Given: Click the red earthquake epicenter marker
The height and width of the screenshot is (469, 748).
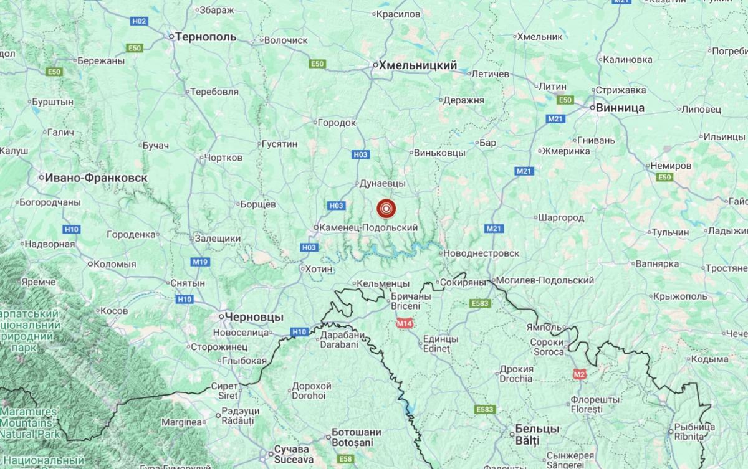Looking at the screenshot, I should click(x=386, y=208).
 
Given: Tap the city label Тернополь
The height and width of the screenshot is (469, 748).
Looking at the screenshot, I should click(x=206, y=37).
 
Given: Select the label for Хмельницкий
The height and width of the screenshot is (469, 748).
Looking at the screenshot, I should click(x=418, y=65).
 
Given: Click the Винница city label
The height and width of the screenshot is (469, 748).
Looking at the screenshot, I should click(x=620, y=108).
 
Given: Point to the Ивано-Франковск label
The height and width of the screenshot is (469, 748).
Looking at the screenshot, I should click(x=96, y=178).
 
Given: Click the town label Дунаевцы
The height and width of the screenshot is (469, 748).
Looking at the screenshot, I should click(x=383, y=184).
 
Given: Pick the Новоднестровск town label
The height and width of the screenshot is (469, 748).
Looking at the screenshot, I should click(x=481, y=253).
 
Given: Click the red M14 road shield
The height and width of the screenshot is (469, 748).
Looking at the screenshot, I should click(x=405, y=323).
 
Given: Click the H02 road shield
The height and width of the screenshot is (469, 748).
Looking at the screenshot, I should click(x=139, y=21).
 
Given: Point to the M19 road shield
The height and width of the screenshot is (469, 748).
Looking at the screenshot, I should click(x=200, y=262).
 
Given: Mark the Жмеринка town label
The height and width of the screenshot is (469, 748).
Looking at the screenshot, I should click(x=566, y=151).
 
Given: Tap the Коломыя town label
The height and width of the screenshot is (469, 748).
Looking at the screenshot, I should click(x=114, y=263).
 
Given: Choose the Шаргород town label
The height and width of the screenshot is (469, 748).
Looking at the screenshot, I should click(x=560, y=217).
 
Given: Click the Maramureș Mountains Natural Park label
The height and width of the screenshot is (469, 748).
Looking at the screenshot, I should click(x=29, y=422).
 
